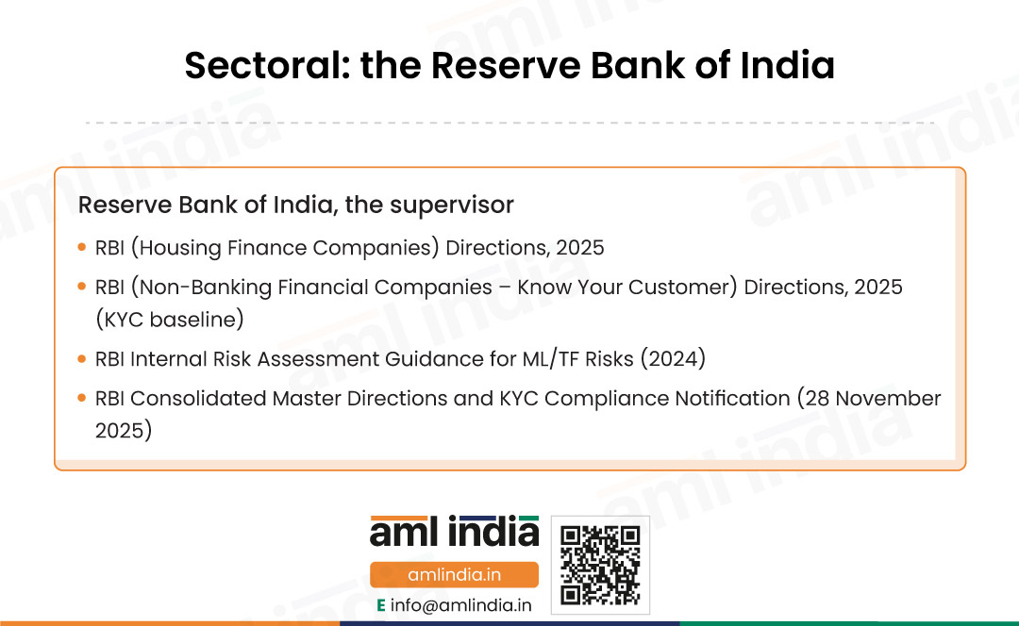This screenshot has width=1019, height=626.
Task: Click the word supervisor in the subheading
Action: (x=452, y=206)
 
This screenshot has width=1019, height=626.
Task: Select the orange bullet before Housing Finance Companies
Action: (x=82, y=247)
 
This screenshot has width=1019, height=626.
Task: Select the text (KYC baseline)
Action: (x=170, y=320)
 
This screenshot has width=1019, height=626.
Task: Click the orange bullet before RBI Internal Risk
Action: (x=82, y=358)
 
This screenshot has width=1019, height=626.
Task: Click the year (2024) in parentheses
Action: (x=673, y=359)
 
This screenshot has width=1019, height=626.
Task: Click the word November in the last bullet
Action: (x=888, y=398)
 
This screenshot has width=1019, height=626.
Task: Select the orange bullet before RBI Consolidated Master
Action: (x=82, y=398)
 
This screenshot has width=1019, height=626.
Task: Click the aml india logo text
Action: (x=454, y=532)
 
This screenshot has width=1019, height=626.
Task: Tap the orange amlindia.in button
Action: (x=454, y=575)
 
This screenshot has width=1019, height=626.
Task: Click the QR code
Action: (x=600, y=565)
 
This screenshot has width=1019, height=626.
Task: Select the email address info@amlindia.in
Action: (x=460, y=606)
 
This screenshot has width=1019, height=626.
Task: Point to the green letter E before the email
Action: (x=381, y=606)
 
